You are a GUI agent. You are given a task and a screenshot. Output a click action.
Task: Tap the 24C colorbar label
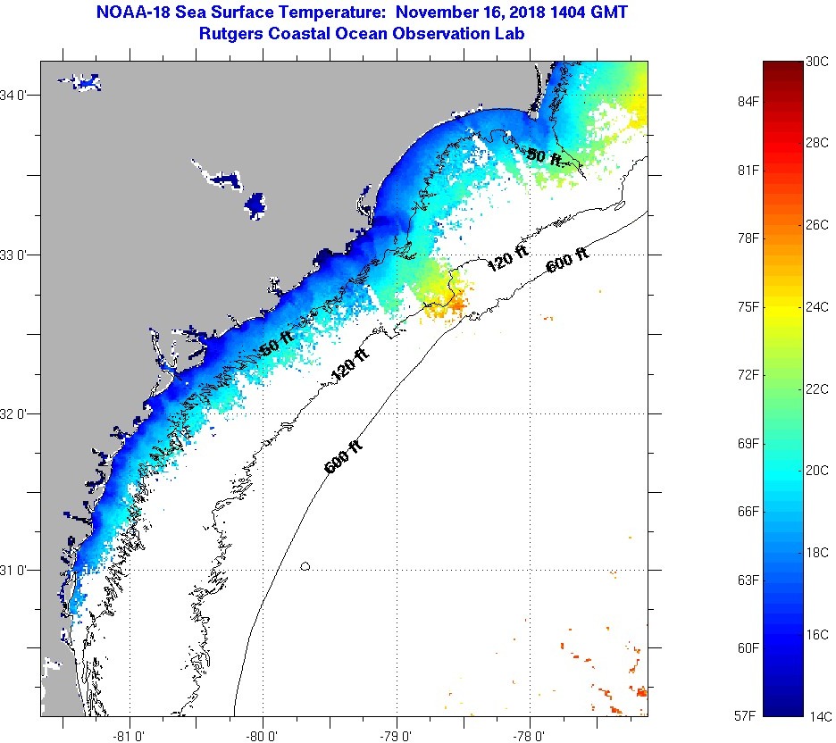point(817,307)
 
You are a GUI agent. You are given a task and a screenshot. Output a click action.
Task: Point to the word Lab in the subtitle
point(508,34)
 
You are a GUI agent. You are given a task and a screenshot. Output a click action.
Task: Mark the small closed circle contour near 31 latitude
point(305,566)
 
